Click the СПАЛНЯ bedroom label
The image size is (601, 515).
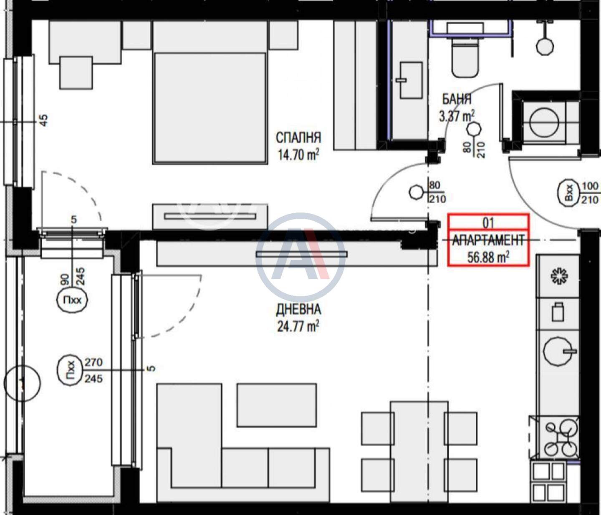[298, 137]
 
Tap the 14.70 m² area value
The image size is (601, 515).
[298, 154]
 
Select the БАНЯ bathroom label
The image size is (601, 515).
[457, 99]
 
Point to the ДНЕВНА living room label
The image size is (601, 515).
[298, 310]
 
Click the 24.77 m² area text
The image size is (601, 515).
[298, 326]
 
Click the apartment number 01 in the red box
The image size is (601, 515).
[488, 223]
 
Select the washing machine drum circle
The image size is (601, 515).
[544, 123]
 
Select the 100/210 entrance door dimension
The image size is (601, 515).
[590, 192]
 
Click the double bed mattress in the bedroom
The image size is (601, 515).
[210, 108]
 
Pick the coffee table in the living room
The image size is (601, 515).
[277, 405]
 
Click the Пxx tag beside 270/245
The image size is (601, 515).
[70, 371]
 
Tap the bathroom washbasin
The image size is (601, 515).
[411, 80]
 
